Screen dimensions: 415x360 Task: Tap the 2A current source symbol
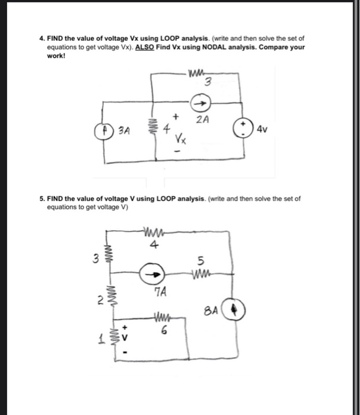pos(201,103)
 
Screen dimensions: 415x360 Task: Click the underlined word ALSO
pos(145,46)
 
